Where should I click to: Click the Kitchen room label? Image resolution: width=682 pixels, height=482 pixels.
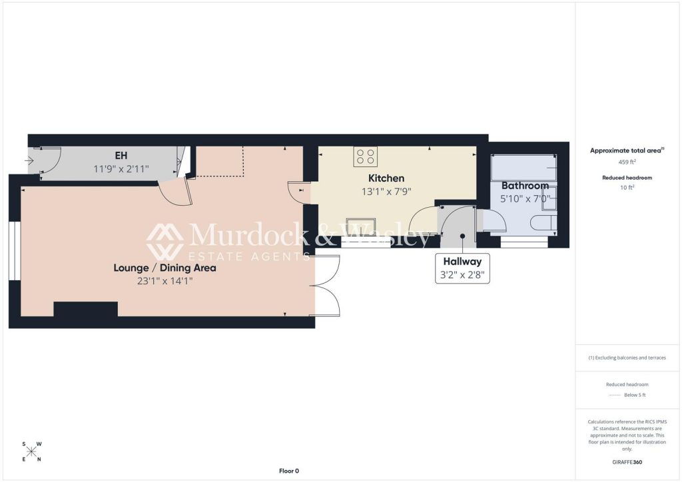[386, 178]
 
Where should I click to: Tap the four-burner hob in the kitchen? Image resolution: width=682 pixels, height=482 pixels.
[366, 156]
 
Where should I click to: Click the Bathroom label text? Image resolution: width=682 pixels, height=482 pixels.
[525, 186]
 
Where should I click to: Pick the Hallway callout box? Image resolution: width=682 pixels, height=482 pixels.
[462, 268]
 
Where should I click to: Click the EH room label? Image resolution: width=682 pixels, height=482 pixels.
[121, 155]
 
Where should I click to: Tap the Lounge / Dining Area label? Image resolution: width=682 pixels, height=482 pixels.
[165, 268]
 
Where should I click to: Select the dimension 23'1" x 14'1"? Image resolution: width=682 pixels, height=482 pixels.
[165, 281]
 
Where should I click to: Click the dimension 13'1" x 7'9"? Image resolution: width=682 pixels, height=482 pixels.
[386, 192]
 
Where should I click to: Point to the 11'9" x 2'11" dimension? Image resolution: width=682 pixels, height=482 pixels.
[121, 168]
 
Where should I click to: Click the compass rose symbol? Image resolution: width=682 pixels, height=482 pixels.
[32, 452]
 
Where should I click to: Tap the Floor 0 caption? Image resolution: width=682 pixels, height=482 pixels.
[289, 471]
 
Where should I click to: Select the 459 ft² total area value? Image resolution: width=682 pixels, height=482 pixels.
[627, 162]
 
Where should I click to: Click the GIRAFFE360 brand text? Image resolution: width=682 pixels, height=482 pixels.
[627, 462]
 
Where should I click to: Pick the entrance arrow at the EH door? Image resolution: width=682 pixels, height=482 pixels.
[29, 161]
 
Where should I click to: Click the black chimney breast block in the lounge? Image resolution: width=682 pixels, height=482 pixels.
[86, 310]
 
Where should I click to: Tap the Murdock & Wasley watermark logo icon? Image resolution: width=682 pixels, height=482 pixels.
[165, 242]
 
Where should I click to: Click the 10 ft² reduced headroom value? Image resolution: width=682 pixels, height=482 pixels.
[627, 188]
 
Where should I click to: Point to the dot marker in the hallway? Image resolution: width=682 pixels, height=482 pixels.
[463, 236]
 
